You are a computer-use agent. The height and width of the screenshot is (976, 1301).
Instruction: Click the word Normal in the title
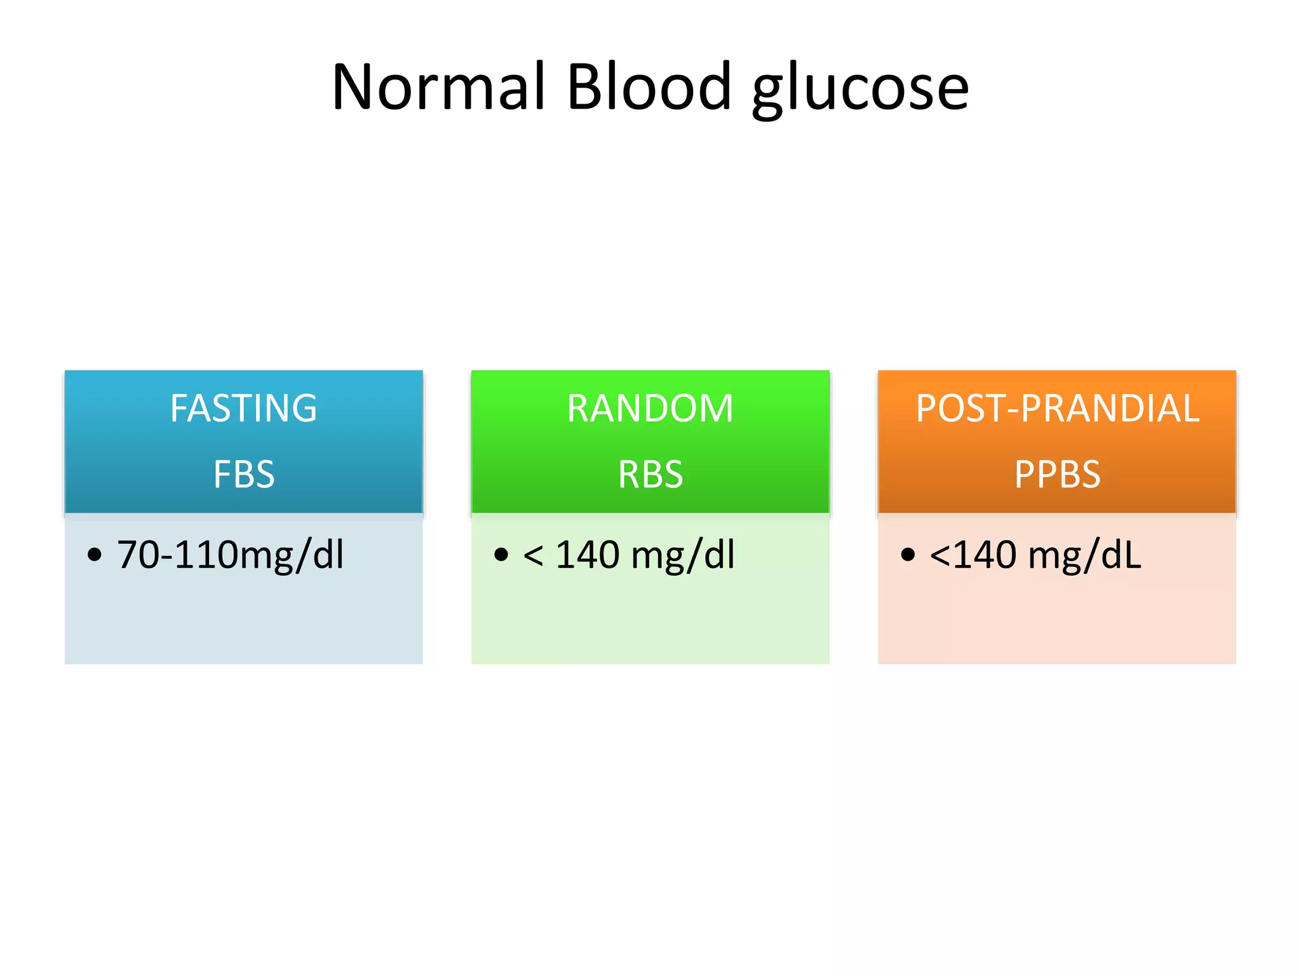pos(438,87)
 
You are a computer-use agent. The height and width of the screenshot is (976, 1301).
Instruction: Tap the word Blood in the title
pos(649,87)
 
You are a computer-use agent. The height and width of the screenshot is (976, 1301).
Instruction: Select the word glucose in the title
pos(861,89)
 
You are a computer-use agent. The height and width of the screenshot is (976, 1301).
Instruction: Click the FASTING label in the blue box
pos(243,408)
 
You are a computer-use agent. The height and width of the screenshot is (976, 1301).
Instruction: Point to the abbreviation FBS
pos(244,474)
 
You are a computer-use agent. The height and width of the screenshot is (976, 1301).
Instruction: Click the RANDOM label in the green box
pos(650,408)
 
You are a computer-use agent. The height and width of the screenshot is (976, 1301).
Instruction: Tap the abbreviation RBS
pos(650,474)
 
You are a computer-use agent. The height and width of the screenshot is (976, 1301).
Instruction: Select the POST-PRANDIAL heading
pos(1057,408)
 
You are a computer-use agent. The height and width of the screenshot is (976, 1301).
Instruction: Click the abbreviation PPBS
pos(1057,474)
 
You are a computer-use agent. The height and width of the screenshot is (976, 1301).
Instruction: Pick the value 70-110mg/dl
pos(230,555)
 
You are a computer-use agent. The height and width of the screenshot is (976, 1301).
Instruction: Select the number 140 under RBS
pos(587,555)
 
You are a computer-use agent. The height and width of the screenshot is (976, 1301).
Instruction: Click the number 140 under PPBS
pos(985,555)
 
